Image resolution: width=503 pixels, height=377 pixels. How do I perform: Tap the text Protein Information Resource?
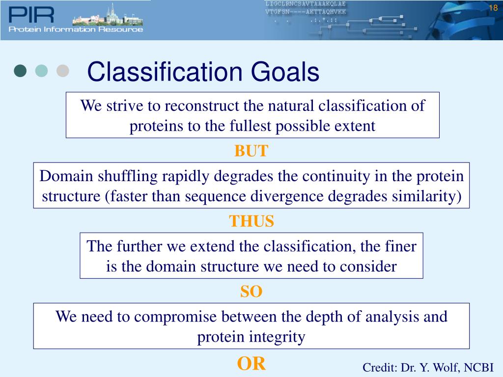[76, 29]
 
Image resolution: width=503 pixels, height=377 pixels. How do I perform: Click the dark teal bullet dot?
[20, 71]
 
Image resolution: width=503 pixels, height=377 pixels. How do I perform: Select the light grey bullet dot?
[62, 71]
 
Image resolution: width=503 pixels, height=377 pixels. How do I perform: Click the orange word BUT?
[251, 151]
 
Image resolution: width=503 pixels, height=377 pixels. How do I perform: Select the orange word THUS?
[251, 221]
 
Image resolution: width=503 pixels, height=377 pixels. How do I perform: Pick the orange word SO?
[251, 292]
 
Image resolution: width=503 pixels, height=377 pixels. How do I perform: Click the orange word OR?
[251, 364]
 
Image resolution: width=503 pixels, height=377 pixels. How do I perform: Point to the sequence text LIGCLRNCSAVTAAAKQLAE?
[306, 3]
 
